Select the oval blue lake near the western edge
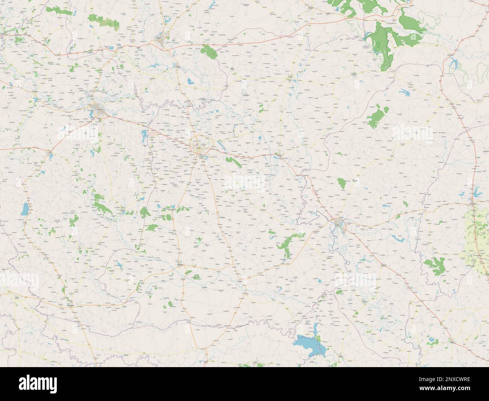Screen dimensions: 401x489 click(24, 209)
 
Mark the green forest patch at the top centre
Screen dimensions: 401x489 click(210, 52)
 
